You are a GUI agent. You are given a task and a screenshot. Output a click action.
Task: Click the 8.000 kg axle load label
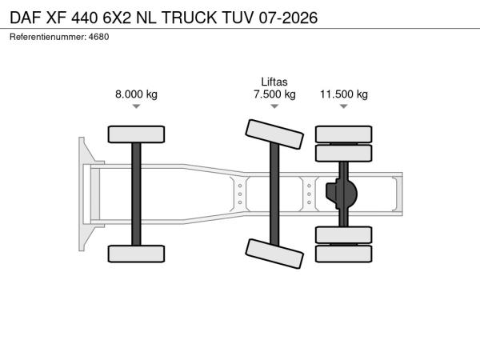136,94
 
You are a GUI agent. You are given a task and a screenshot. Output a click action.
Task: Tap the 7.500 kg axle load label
274,94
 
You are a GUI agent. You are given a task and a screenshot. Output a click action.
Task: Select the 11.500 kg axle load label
344,94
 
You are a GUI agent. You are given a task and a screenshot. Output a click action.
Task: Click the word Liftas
274,82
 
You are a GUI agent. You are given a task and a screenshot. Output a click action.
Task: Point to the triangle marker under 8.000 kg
136,106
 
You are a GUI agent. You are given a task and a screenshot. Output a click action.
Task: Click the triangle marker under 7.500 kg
274,106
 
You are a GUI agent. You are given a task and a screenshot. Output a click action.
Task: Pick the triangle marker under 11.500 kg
344,106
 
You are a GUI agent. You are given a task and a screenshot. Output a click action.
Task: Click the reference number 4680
98,37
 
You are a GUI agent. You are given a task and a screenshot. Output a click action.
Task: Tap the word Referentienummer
47,37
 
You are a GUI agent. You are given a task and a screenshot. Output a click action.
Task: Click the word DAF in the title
26,18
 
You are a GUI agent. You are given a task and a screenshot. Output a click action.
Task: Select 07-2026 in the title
288,18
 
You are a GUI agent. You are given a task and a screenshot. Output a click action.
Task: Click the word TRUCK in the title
189,18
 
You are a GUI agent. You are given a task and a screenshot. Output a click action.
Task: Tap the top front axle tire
136,134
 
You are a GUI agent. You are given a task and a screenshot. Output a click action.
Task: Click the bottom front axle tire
136,254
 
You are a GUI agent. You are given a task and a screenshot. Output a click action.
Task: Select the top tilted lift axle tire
274,134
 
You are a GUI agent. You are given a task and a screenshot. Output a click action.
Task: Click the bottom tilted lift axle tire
274,254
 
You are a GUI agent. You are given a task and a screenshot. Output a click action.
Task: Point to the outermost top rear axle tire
344,134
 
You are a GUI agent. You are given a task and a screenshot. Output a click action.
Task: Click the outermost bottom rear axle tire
344,254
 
